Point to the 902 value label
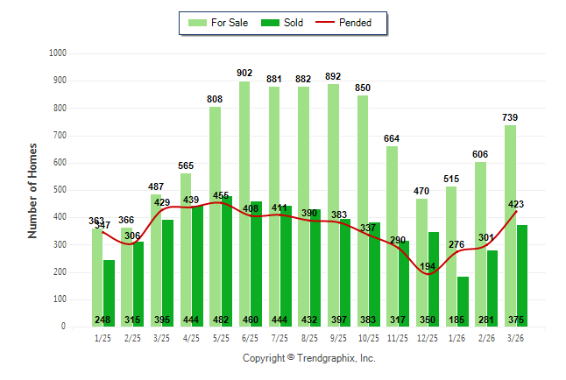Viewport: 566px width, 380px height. point(244,74)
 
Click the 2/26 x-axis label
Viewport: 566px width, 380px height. point(486,337)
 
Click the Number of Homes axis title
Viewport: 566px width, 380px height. point(32,190)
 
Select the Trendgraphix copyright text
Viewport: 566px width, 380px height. point(308,358)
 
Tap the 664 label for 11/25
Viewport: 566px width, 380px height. point(392,138)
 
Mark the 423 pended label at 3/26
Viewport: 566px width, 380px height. point(516,205)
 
